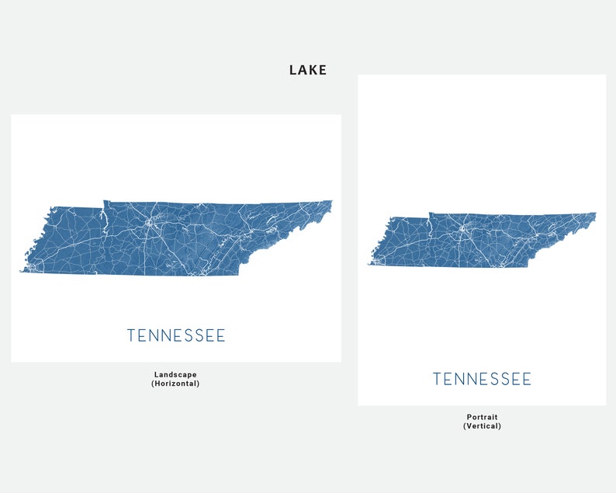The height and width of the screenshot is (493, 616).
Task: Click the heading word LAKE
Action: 308,70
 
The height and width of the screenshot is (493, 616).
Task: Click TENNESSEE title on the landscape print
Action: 176,335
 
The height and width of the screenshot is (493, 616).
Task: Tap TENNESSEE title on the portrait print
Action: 482,379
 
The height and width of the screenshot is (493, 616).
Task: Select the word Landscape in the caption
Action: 175,374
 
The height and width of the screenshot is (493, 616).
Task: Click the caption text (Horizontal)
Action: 175,384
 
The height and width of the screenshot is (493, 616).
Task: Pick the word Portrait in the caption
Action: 482,417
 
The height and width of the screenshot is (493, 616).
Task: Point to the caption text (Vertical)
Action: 482,426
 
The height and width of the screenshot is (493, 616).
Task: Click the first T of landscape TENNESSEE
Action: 131,335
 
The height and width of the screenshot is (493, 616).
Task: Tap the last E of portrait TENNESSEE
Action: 527,379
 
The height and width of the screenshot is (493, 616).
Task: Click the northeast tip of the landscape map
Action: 331,202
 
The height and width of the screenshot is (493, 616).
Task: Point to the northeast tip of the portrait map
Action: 595,214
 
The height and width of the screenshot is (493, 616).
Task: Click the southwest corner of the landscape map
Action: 21,271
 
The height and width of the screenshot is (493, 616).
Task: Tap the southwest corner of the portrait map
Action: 369,266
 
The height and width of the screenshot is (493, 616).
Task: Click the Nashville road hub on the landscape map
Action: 147,223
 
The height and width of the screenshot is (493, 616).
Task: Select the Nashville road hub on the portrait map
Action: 462,229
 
